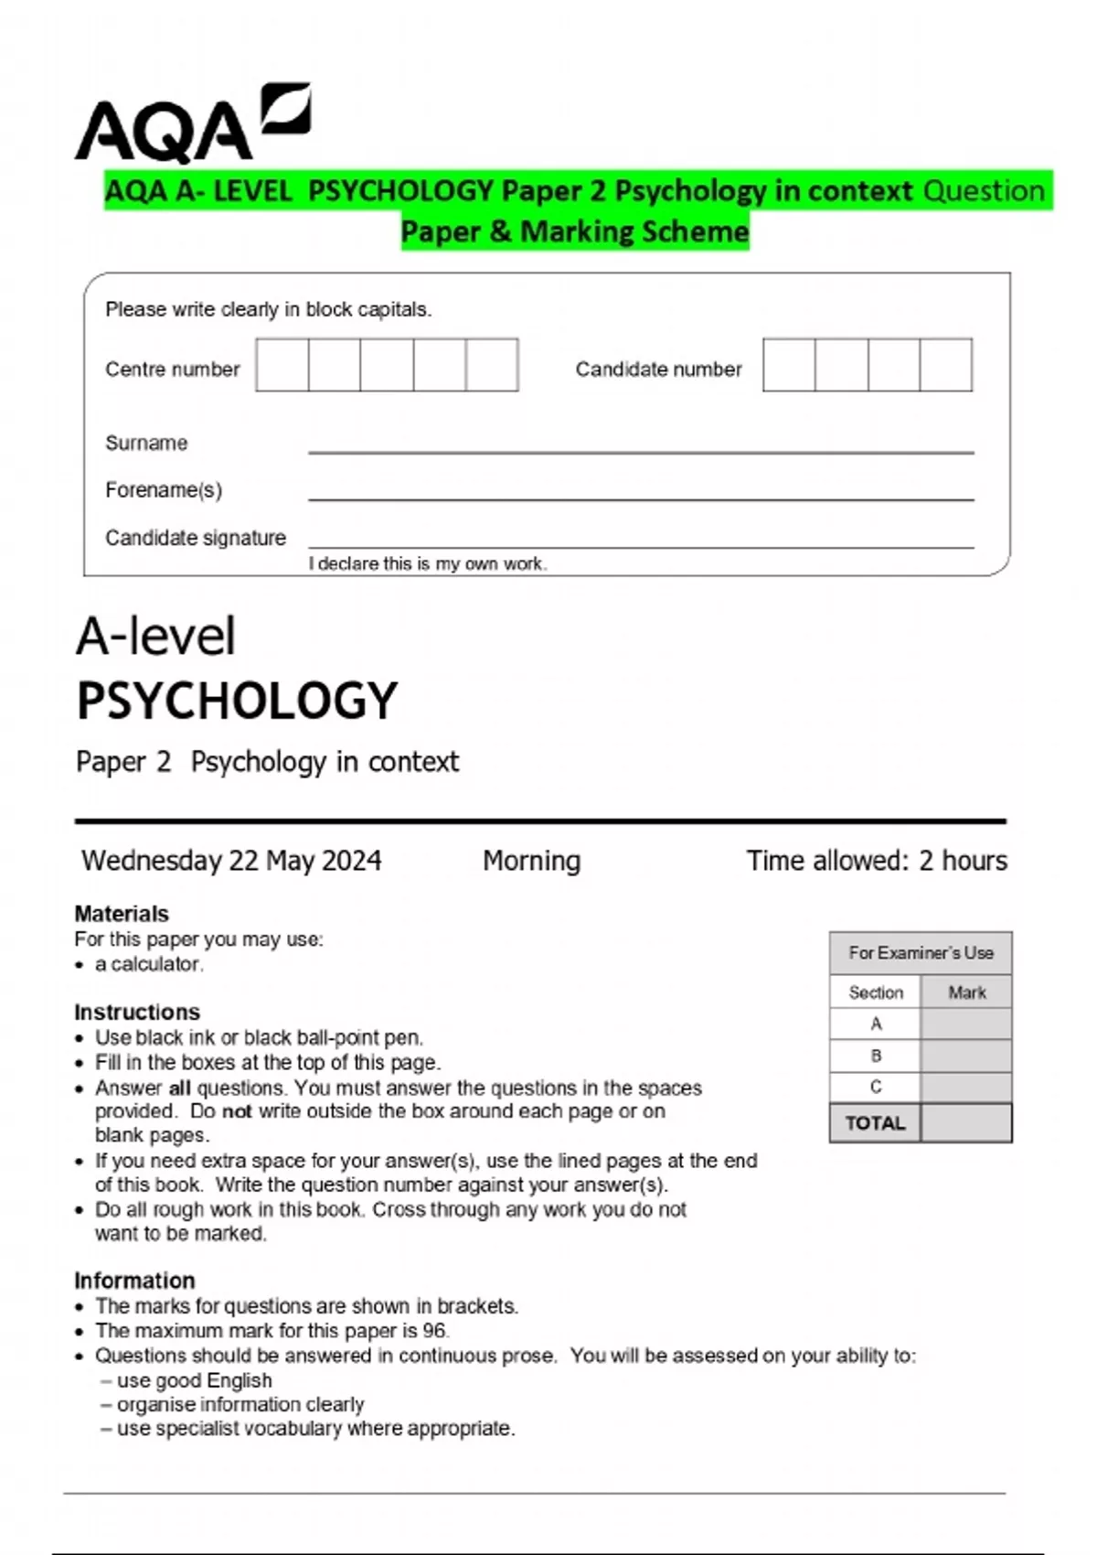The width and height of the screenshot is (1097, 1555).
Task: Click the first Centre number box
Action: [x=282, y=365]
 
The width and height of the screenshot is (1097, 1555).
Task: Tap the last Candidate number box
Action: [x=945, y=365]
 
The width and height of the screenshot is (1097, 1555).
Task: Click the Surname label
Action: [x=146, y=443]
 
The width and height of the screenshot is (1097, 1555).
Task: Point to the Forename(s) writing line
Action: [x=640, y=498]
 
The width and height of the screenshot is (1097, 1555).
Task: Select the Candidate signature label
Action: [x=195, y=538]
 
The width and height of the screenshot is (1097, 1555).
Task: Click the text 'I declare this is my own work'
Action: [x=427, y=563]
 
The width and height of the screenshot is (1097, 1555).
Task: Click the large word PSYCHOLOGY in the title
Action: [x=237, y=702]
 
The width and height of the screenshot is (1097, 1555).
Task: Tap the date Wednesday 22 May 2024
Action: [x=231, y=861]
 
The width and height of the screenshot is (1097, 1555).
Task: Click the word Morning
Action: [x=531, y=861]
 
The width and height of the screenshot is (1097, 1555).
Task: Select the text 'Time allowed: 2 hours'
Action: [x=876, y=861]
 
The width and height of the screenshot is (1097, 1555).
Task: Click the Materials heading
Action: [x=122, y=913]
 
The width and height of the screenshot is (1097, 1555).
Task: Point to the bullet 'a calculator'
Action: [x=148, y=964]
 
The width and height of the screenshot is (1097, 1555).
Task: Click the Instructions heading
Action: [x=137, y=1012]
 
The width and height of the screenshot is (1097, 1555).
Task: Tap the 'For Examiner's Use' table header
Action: [x=920, y=953]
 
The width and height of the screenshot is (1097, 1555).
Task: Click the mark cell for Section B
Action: [x=965, y=1056]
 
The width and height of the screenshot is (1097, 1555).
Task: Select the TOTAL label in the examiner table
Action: [x=875, y=1123]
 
